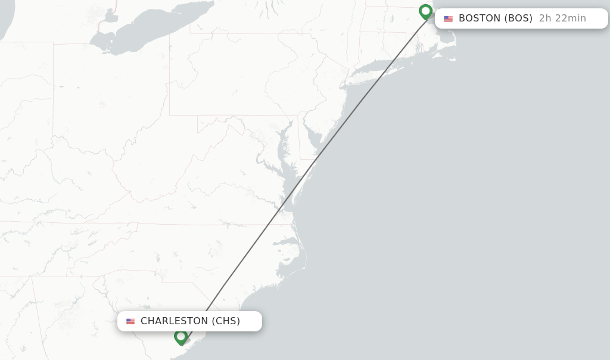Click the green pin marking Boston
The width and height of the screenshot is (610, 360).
[x=425, y=11]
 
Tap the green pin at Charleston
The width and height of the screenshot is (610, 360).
[x=181, y=337]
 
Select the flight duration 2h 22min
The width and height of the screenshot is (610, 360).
[x=562, y=18]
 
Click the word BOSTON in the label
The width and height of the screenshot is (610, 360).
[x=480, y=18]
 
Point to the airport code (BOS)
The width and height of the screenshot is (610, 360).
[x=518, y=18]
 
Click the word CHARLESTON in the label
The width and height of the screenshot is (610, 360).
[x=174, y=321]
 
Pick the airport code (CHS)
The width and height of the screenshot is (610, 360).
[x=226, y=321]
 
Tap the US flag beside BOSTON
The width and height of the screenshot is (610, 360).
[x=448, y=18]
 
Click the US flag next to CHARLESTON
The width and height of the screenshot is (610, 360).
[x=130, y=321]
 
